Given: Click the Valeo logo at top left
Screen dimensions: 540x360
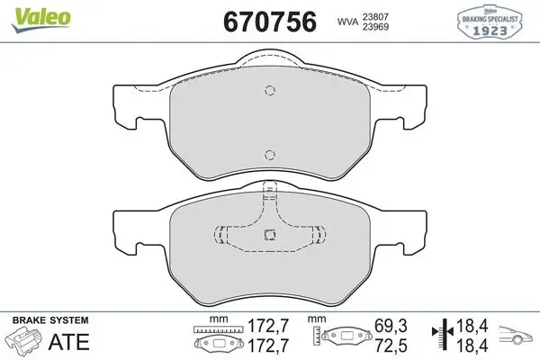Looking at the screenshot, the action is click(x=40, y=20).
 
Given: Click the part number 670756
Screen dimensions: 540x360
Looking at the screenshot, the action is click(x=270, y=22).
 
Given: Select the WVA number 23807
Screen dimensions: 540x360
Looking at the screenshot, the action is click(x=375, y=16).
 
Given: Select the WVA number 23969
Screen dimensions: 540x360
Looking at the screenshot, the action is click(x=375, y=27).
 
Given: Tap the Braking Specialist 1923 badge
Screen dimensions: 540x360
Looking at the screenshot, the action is click(x=490, y=22).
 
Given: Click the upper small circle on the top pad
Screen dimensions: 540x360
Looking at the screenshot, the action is click(x=270, y=90).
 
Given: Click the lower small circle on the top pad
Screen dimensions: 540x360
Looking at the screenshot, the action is click(x=270, y=155).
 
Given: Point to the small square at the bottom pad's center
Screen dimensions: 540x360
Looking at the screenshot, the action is click(x=270, y=235).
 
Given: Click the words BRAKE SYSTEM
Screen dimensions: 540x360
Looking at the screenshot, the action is click(x=50, y=320).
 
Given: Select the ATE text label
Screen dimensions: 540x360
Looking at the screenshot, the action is click(x=69, y=342).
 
